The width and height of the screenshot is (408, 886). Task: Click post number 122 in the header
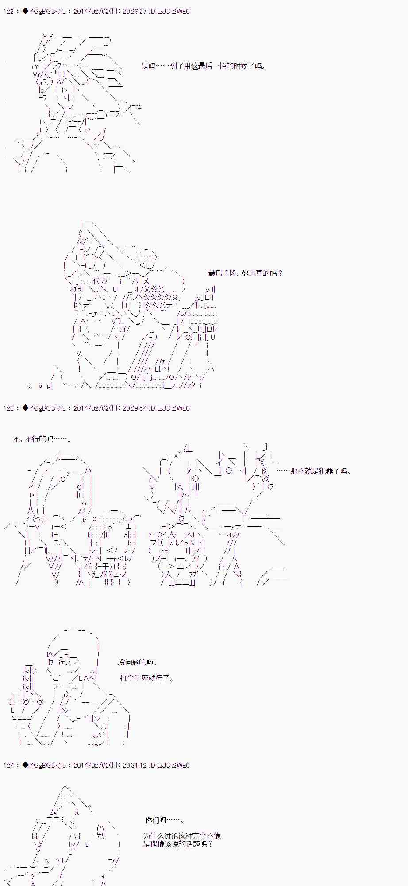[x=8, y=12]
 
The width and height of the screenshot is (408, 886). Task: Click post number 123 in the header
[x=8, y=408]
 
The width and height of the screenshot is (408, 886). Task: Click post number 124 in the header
[x=8, y=765]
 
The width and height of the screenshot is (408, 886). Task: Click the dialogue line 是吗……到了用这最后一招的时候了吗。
[x=204, y=66]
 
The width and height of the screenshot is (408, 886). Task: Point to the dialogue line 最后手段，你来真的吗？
[x=246, y=273]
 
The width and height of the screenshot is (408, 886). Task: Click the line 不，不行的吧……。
[x=42, y=439]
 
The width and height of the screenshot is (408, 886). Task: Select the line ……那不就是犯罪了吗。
[x=314, y=471]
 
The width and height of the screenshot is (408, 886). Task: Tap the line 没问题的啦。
[x=138, y=662]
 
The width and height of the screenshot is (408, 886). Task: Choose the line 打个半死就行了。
[x=147, y=678]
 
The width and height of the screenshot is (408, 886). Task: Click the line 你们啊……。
[x=165, y=820]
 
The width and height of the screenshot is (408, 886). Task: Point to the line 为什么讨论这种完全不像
[x=182, y=836]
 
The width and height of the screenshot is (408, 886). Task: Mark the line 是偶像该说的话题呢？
[x=178, y=844]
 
